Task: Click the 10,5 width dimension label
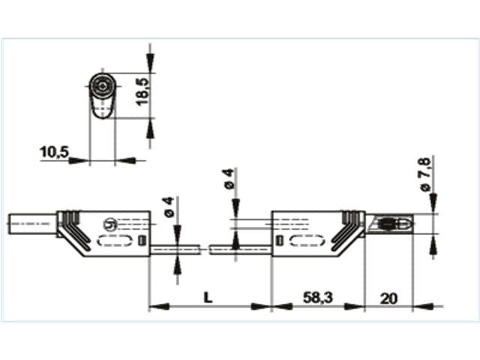[x=54, y=152]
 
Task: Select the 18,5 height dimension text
[x=143, y=90]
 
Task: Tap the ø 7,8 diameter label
[x=424, y=175]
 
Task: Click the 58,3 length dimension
[x=317, y=298]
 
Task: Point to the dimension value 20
[x=388, y=298]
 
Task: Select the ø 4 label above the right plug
[x=229, y=179]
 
